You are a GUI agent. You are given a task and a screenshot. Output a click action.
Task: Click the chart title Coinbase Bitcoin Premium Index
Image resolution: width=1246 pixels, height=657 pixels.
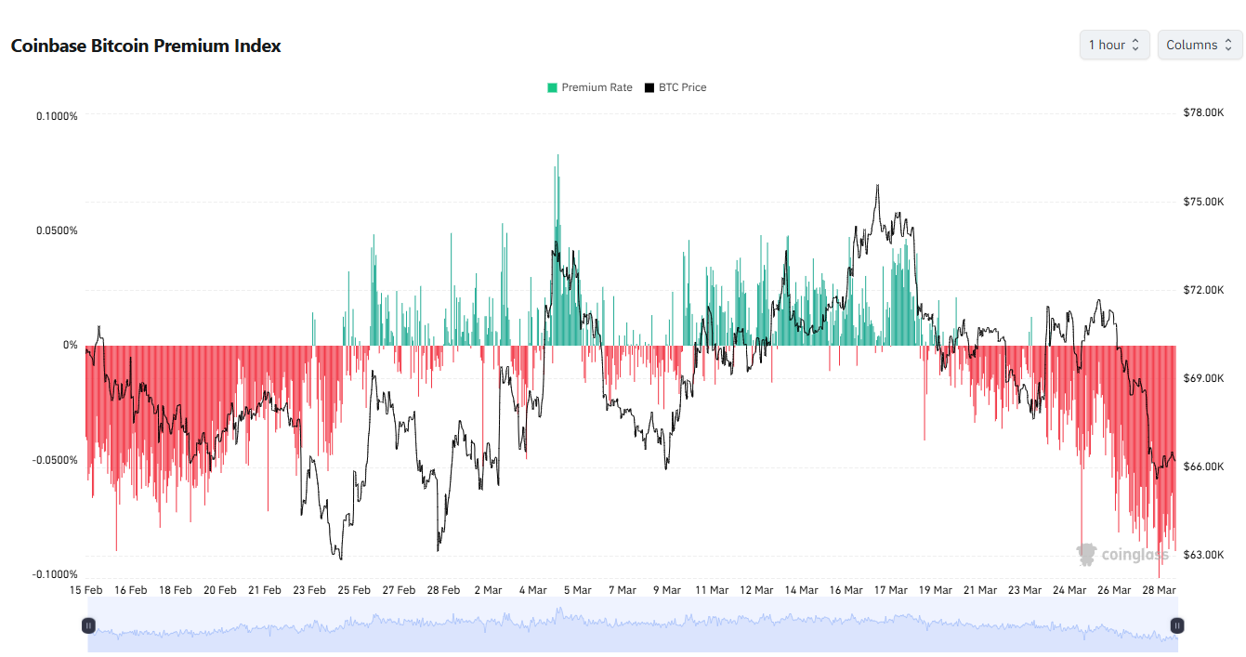tap(146, 46)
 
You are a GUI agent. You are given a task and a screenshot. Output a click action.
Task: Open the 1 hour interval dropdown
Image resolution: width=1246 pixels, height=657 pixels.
tap(1114, 45)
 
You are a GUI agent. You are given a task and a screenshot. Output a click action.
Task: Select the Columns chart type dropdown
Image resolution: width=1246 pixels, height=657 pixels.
tap(1200, 45)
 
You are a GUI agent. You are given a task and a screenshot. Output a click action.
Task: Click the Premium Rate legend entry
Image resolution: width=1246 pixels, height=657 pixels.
tap(590, 87)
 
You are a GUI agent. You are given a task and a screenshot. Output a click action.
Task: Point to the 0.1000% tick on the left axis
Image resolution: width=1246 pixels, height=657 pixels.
tap(57, 116)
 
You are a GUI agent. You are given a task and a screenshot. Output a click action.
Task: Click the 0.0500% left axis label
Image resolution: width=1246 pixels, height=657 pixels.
tap(57, 230)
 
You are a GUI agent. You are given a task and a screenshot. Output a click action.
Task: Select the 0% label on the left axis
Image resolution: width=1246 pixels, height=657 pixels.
tap(71, 346)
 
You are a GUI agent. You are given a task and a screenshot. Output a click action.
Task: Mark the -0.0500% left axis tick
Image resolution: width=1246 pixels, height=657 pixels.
tap(55, 461)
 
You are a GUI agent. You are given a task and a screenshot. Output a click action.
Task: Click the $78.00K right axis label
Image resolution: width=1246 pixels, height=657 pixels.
tap(1204, 112)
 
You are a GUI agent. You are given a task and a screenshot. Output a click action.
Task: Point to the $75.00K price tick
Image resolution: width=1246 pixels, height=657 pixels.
tap(1204, 202)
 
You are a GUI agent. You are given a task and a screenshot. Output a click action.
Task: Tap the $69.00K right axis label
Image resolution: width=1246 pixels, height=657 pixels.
tap(1204, 378)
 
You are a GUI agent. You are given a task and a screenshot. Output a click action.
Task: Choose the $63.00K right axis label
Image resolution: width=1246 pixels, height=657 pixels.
tap(1204, 555)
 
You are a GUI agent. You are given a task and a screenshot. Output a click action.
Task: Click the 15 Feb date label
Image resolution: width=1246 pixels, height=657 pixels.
tap(86, 590)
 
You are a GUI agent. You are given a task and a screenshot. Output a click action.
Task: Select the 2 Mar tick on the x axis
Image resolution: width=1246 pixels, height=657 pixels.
tap(488, 590)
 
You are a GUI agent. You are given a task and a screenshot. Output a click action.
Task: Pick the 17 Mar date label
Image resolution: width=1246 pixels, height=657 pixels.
tap(891, 590)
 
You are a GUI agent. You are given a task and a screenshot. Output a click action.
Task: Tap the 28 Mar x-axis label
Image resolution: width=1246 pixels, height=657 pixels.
tap(1159, 590)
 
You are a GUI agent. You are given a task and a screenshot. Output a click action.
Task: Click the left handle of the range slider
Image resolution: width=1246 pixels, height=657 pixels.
tap(88, 625)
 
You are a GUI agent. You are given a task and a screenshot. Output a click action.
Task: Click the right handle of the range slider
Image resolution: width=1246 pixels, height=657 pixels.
tap(1177, 625)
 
